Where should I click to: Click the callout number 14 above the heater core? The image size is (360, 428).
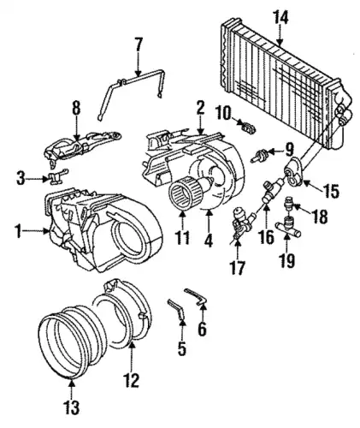click(280, 18)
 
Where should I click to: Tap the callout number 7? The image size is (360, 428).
click(138, 45)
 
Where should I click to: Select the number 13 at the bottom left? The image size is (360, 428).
click(72, 407)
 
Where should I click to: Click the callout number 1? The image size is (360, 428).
click(19, 232)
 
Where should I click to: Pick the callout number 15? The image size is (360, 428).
click(331, 191)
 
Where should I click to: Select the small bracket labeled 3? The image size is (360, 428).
click(58, 177)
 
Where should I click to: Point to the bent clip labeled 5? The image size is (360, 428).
click(177, 309)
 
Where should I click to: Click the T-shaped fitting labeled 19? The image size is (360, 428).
click(288, 229)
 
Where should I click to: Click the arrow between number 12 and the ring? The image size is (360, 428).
click(132, 357)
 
